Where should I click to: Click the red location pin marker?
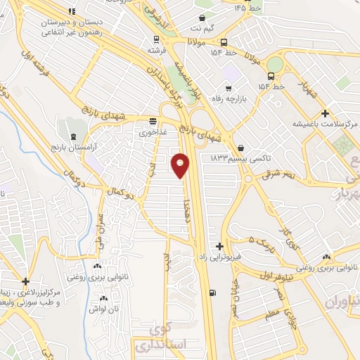[181, 165]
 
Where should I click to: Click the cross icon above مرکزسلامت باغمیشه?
[324, 113]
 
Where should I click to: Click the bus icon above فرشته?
[156, 40]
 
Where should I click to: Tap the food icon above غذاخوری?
[153, 120]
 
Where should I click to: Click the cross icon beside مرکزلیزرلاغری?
[26, 281]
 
